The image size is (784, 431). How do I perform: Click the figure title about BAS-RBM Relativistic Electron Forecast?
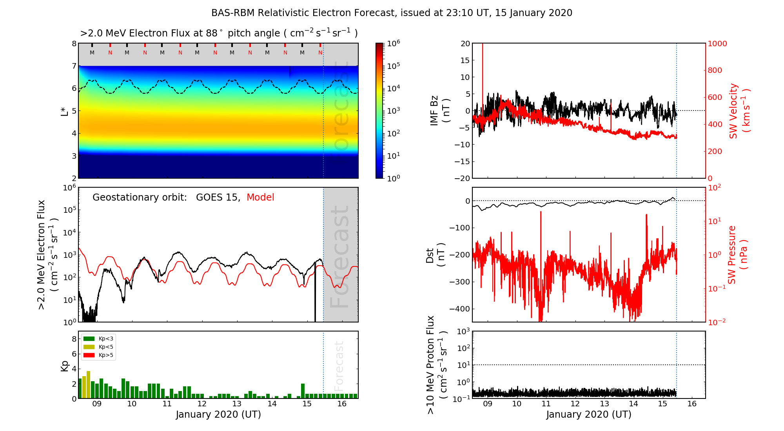(x=392, y=13)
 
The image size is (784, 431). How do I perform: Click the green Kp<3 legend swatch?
(x=89, y=339)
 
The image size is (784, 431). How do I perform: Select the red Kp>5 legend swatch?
(x=89, y=355)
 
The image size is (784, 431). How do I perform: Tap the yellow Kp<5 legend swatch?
(x=89, y=347)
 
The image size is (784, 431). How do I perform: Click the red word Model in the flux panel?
(x=260, y=197)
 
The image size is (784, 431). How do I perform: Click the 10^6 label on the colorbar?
(x=393, y=43)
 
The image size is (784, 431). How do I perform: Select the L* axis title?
(x=65, y=111)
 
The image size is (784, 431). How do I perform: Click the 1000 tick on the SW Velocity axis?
(x=717, y=43)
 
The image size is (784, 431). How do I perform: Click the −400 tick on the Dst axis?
(x=459, y=309)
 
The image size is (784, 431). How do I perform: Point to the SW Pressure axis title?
(x=737, y=255)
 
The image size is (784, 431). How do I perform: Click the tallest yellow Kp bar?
(x=88, y=384)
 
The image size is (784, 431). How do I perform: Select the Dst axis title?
(x=435, y=255)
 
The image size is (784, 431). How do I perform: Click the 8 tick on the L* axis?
(x=74, y=43)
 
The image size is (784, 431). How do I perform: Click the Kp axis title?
(x=65, y=366)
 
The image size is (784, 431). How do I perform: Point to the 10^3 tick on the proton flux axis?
(x=463, y=331)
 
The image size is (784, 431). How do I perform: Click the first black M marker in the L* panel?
(x=92, y=53)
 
